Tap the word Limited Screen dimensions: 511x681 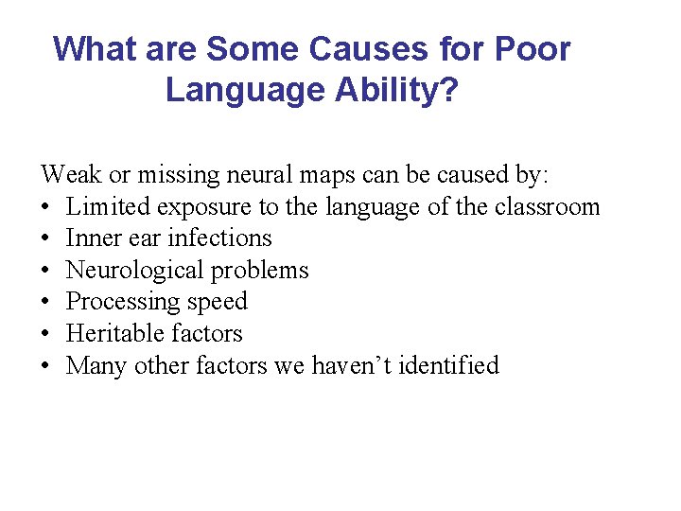click(x=103, y=206)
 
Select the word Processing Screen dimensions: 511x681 click(x=119, y=302)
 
